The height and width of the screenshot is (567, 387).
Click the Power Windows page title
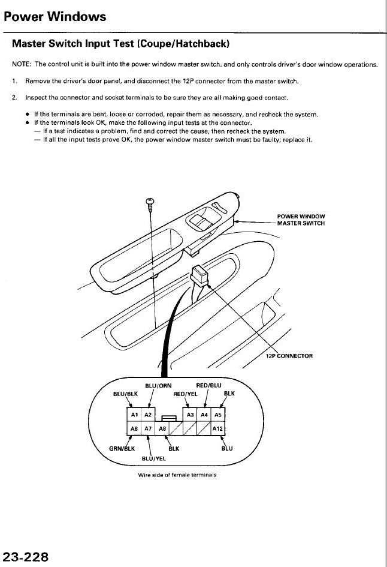coord(55,17)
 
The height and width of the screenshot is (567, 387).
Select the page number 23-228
coord(25,557)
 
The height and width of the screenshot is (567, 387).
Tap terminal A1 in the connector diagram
coord(134,415)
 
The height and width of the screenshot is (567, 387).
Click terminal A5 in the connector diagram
coord(217,415)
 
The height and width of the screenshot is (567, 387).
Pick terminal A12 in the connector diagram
coord(217,428)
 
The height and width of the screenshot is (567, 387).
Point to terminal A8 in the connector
coord(162,428)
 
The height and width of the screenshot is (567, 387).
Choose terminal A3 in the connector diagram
coord(190,415)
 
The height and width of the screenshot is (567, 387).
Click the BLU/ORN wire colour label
coord(158,386)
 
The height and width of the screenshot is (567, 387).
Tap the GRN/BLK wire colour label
coord(122,449)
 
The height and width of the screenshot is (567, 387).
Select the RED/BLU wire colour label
coord(208,385)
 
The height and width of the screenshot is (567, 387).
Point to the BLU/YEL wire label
coord(154,458)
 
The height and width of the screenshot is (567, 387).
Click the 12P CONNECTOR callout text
coord(289,356)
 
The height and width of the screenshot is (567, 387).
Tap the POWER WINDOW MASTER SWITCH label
coord(301,220)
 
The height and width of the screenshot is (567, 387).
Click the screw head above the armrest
coord(150,201)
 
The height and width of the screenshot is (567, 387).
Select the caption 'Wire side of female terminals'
coord(177,475)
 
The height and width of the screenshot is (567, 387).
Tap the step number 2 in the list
coord(14,98)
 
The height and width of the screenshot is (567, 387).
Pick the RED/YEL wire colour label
coord(185,394)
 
